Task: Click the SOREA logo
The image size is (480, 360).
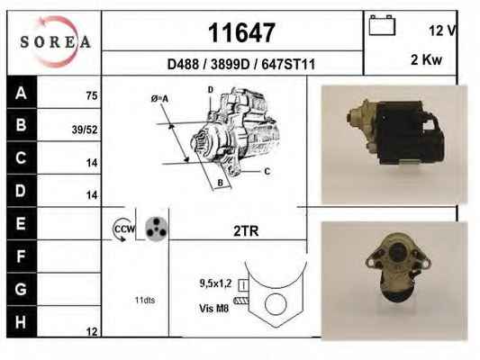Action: [55, 42]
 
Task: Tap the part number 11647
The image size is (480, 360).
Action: [241, 33]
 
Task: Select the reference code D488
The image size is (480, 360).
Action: [183, 65]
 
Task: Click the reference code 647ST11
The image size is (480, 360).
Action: [288, 65]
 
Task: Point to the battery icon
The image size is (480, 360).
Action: [382, 25]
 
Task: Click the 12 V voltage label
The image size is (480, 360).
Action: [442, 31]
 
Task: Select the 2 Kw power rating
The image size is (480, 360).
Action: [427, 59]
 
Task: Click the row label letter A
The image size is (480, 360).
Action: [21, 93]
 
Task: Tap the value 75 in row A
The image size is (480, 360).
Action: [92, 95]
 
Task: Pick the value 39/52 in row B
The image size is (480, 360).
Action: [85, 130]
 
